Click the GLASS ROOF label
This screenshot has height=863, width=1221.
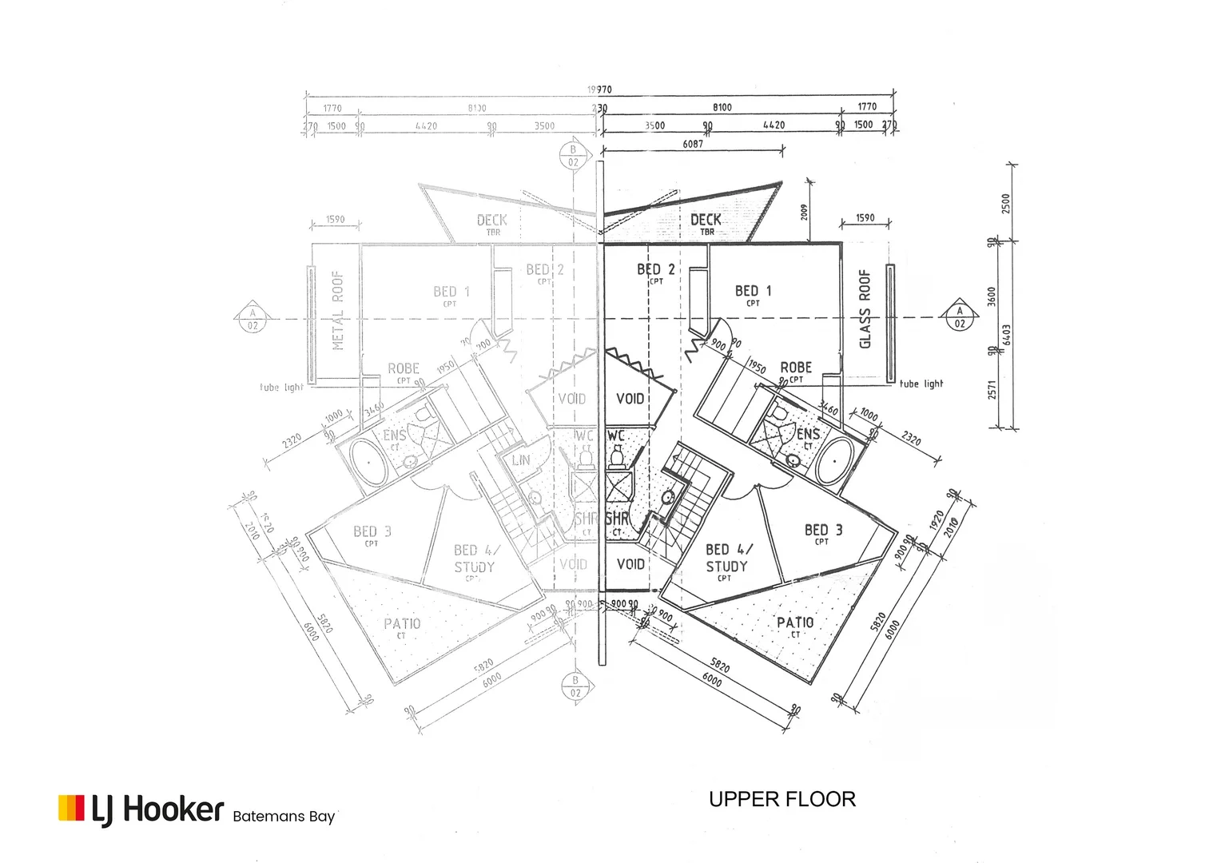pyautogui.click(x=865, y=309)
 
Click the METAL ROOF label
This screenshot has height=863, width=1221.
pyautogui.click(x=337, y=309)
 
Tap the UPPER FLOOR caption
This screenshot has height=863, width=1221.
pyautogui.click(x=782, y=799)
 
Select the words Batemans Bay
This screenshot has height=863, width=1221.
pyautogui.click(x=284, y=816)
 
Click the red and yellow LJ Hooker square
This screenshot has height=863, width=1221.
pyautogui.click(x=71, y=807)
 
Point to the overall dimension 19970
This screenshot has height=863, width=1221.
pyautogui.click(x=599, y=89)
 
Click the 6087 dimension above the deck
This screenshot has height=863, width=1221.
pyautogui.click(x=693, y=144)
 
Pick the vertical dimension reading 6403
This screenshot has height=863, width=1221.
pyautogui.click(x=1006, y=334)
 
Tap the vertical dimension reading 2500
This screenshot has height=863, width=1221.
pyautogui.click(x=1006, y=203)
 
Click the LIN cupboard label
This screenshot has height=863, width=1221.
pyautogui.click(x=521, y=460)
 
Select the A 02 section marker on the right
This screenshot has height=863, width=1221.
pyautogui.click(x=960, y=317)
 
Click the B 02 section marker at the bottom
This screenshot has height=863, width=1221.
pyautogui.click(x=575, y=686)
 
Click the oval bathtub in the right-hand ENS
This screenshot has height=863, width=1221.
pyautogui.click(x=837, y=461)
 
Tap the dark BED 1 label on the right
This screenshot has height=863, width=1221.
pyautogui.click(x=753, y=291)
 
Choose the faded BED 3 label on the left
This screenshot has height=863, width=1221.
pyautogui.click(x=372, y=531)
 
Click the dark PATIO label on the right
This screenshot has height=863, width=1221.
pyautogui.click(x=795, y=622)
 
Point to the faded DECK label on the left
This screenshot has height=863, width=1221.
pyautogui.click(x=492, y=220)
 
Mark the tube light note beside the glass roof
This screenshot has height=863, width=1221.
pyautogui.click(x=921, y=384)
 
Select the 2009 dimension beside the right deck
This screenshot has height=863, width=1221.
pyautogui.click(x=805, y=211)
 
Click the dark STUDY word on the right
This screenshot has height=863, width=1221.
pyautogui.click(x=726, y=567)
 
